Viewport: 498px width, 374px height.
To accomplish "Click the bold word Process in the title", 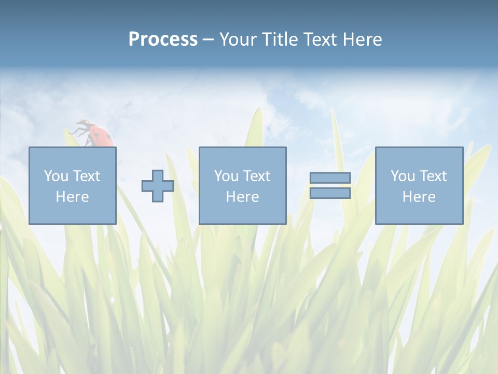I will click(163, 39).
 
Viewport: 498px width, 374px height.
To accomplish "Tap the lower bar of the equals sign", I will click(330, 193).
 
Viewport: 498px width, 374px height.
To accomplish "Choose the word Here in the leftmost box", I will click(72, 197).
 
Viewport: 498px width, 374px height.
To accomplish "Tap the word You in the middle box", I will click(226, 176).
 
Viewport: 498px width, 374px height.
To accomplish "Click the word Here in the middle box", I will click(242, 197).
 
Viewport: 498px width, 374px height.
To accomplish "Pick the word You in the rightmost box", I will click(402, 176).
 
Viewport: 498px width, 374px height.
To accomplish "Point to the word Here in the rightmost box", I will click(419, 197).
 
